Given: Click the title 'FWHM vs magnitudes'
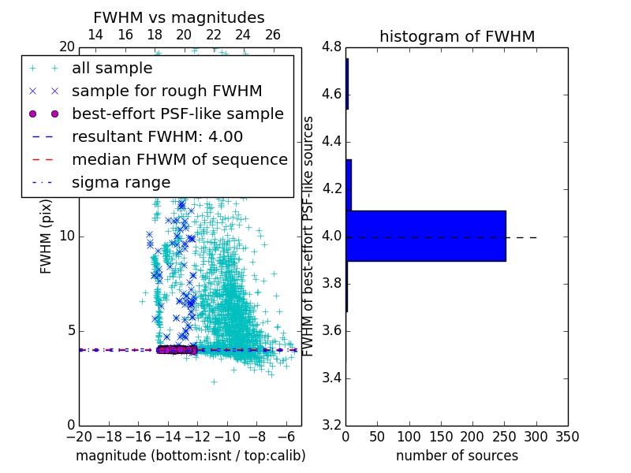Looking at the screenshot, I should [x=178, y=17].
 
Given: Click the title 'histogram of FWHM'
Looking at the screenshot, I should [x=457, y=36].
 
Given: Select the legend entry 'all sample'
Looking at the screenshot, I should [x=112, y=69].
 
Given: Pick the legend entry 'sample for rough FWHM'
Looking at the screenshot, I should [x=166, y=91].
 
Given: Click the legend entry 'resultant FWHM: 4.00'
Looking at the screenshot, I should [x=157, y=136].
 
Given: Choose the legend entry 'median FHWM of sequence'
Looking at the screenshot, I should [x=179, y=159].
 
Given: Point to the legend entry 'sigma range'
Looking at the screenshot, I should [x=121, y=182].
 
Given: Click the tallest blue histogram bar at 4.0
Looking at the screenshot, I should [x=426, y=236].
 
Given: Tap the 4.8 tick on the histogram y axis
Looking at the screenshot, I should [x=331, y=47].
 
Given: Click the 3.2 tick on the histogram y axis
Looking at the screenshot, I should [x=331, y=425].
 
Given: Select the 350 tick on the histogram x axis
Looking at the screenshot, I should [x=567, y=437].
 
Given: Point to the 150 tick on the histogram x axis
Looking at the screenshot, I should [x=441, y=437].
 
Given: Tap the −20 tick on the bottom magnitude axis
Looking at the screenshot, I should [x=79, y=437].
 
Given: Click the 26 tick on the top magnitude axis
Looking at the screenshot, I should [x=272, y=35].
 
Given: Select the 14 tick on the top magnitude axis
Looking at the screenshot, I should [x=95, y=35].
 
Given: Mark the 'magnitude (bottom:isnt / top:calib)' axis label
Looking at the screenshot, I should [x=190, y=456].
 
